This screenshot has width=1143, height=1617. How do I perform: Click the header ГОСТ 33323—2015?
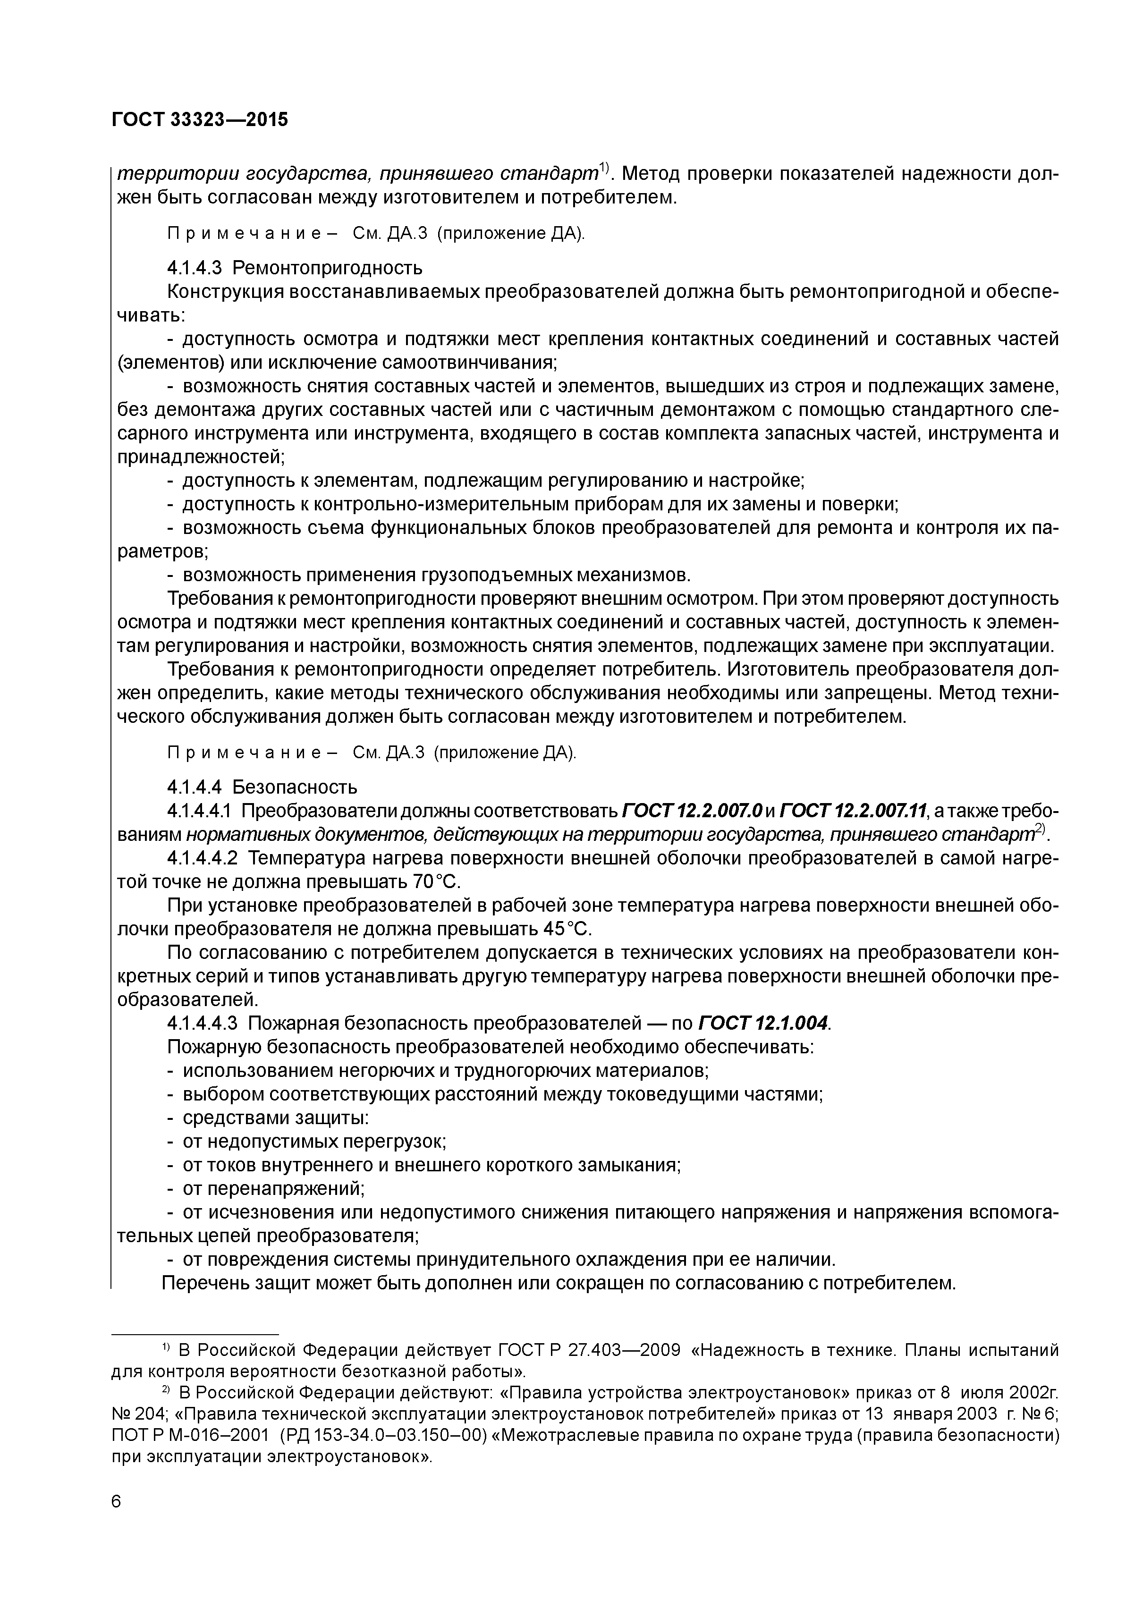tap(200, 120)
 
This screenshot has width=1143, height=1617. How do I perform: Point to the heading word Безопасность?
tap(295, 787)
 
